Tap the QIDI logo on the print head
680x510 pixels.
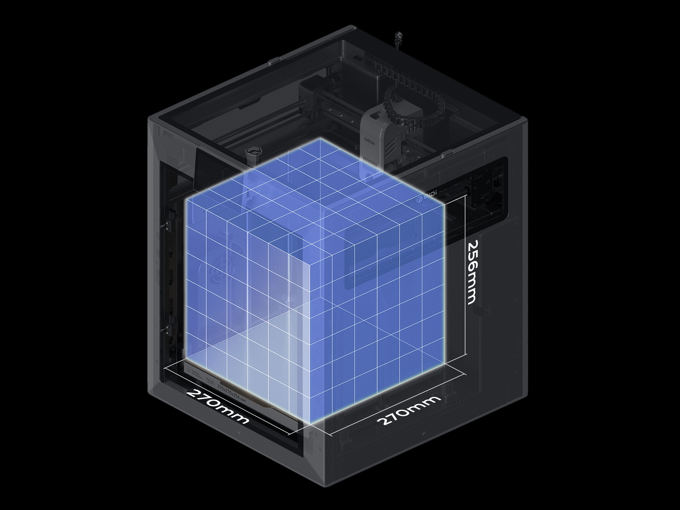pos(369,140)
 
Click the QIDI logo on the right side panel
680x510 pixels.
pos(426,197)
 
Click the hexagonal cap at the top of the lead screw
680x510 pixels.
pos(254,150)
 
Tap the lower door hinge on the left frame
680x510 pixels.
pos(167,329)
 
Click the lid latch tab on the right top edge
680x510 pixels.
pos(448,153)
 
